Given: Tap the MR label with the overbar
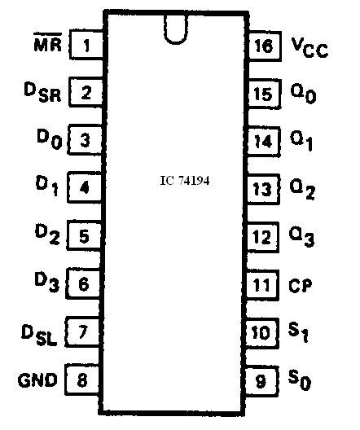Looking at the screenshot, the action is [48, 42].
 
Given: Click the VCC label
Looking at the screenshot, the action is [310, 48].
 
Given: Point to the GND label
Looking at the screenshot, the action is [37, 380].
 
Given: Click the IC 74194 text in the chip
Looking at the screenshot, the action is [185, 181].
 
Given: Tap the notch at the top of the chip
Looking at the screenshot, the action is [176, 29].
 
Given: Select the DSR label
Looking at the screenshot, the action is [42, 92].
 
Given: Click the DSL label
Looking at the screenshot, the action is [39, 335].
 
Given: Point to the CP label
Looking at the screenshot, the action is [301, 286].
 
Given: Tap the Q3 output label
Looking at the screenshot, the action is [301, 237].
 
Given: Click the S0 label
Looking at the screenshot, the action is [300, 380].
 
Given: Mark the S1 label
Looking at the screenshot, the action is [298, 332].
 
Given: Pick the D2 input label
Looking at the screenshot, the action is [47, 235].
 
